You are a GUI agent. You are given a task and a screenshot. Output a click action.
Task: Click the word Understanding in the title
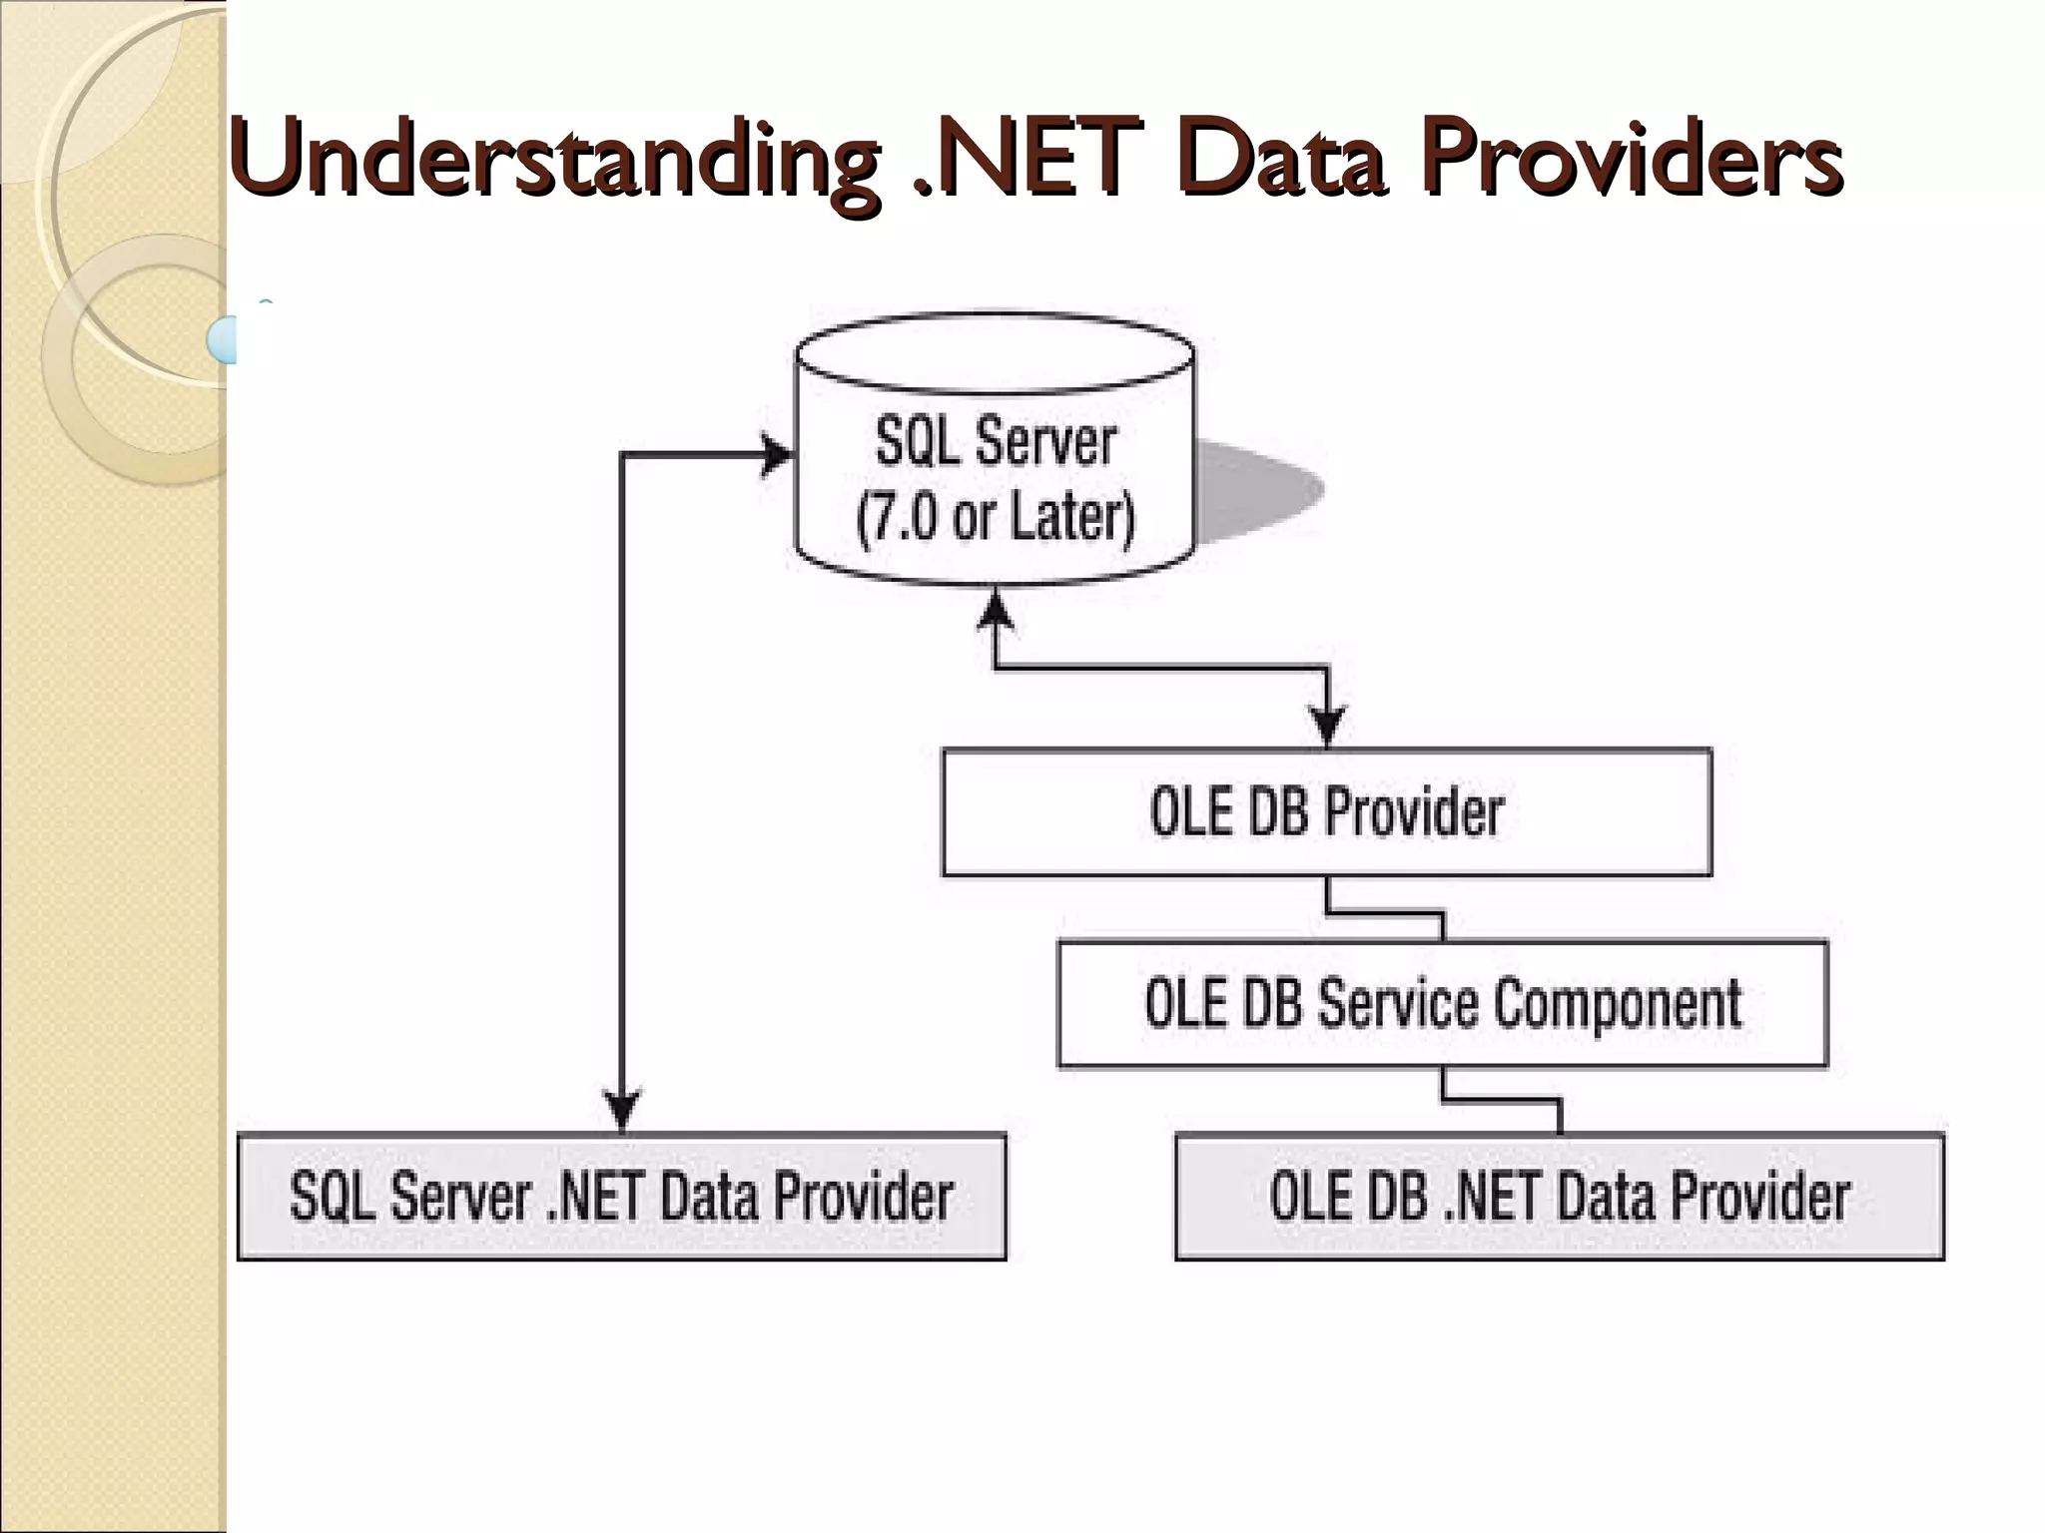tap(554, 160)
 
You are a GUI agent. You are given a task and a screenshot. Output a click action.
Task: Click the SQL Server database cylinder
tap(995, 449)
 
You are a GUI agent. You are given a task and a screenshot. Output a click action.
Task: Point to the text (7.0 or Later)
tap(996, 517)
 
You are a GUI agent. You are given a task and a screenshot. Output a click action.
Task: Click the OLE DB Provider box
tap(1326, 811)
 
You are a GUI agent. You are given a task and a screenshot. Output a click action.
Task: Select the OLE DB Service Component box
tap(1442, 1003)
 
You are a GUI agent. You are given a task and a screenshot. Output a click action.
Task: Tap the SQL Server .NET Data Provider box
tap(621, 1196)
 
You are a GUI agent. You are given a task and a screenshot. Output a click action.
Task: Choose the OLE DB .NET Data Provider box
tap(1559, 1196)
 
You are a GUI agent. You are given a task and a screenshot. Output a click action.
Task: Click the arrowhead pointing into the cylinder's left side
tap(777, 456)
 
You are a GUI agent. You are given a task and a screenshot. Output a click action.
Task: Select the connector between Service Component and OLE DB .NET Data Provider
tap(1501, 1102)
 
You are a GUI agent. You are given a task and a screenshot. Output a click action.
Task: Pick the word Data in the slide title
tap(1283, 160)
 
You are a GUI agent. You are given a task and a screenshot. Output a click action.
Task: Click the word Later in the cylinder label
tap(1070, 517)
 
